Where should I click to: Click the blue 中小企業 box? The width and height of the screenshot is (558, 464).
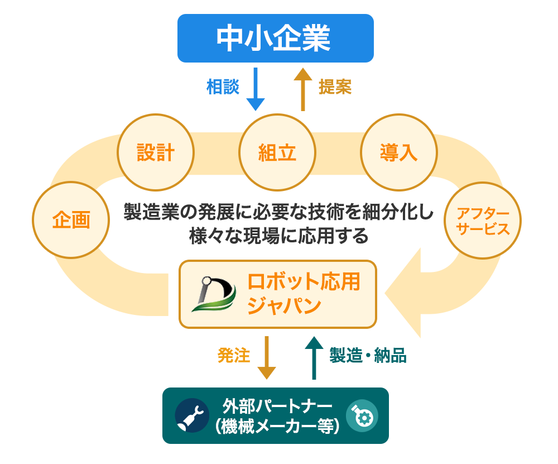(x=275, y=38)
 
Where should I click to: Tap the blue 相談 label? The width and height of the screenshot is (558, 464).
(x=223, y=87)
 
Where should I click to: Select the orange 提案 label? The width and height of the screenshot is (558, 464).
(x=335, y=87)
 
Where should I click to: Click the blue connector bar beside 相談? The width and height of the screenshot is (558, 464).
(x=256, y=89)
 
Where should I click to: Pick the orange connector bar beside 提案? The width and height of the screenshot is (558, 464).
(x=303, y=89)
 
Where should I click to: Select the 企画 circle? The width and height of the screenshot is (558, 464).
(x=71, y=220)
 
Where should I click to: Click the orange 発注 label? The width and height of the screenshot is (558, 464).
(x=234, y=356)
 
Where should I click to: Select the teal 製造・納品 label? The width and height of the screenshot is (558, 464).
(x=368, y=356)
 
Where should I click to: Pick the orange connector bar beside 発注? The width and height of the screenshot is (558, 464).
(x=266, y=357)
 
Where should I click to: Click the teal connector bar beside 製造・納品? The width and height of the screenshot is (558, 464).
(x=314, y=357)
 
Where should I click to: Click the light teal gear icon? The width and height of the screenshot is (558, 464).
(x=362, y=416)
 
